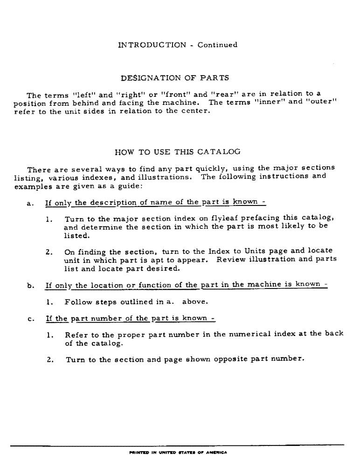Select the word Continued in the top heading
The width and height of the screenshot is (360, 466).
coord(217,45)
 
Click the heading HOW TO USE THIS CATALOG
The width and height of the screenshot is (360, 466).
coord(177,151)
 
